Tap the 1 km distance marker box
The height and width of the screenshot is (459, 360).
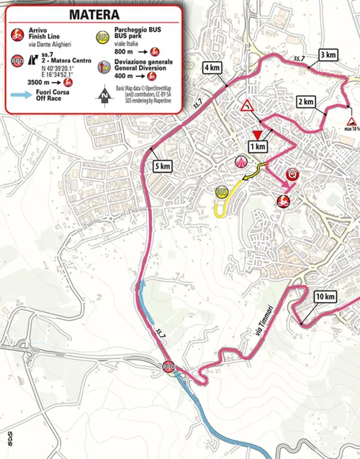pos(257,146)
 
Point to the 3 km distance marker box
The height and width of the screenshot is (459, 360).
pos(327,55)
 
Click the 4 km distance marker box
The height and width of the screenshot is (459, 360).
pos(212,68)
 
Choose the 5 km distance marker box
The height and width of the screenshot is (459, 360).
pos(162,166)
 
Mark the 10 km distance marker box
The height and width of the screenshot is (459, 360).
pos(325,296)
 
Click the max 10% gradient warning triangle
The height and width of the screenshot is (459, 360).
pos(351,122)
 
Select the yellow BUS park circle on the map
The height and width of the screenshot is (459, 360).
pos(222,191)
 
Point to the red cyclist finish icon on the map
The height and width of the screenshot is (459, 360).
pos(283,202)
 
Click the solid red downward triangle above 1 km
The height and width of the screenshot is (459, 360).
pos(257,133)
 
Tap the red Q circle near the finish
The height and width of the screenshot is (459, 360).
pos(292,174)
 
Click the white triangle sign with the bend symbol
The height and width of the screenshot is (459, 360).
pos(247,107)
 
